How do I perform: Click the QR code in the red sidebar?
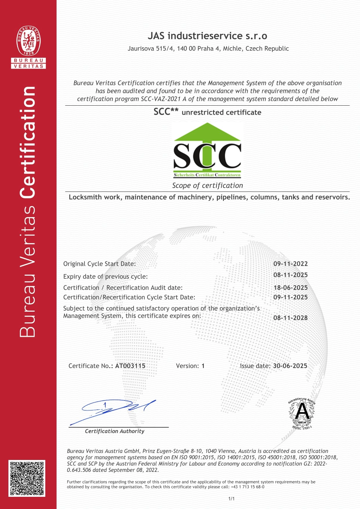tap(27, 478)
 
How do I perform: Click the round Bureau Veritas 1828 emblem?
tap(28, 41)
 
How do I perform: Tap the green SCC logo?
tap(207, 150)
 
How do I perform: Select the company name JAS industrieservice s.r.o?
tap(207, 36)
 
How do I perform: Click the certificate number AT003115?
tap(130, 366)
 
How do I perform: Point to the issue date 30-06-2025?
tap(290, 366)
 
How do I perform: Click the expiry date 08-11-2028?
tap(290, 318)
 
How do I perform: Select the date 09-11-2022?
tap(290, 264)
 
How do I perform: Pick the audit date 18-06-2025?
tap(290, 288)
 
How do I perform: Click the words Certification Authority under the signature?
tap(115, 431)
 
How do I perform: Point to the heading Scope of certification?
tap(207, 185)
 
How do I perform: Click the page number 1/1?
tap(231, 499)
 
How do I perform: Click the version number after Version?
tap(203, 366)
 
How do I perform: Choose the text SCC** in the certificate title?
tap(166, 112)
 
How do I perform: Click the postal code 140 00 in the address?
tap(186, 48)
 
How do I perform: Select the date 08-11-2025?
tap(290, 275)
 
